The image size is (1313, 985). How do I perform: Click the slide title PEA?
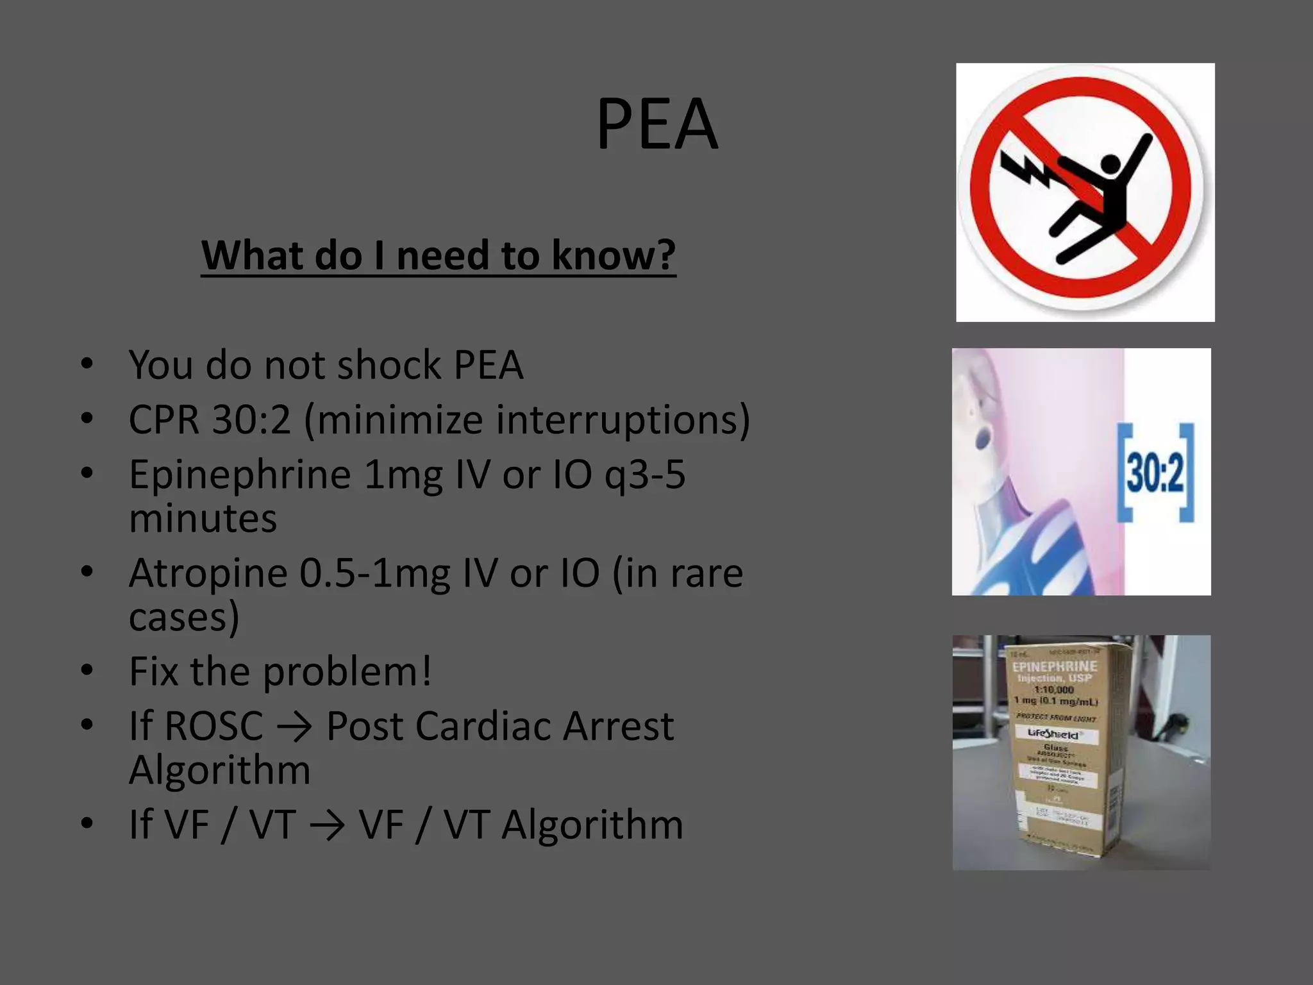[656, 124]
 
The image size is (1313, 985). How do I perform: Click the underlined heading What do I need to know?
[439, 255]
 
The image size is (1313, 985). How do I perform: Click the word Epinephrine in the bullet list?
[239, 475]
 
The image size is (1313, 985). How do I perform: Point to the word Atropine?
[208, 573]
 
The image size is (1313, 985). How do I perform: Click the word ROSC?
[213, 726]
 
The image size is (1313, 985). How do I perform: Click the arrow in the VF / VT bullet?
[326, 825]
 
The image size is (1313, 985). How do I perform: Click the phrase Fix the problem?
[280, 671]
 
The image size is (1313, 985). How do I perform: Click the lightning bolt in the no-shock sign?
[1026, 169]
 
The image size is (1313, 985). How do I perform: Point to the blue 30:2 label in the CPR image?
[1155, 473]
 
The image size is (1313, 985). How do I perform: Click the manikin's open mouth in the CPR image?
[982, 439]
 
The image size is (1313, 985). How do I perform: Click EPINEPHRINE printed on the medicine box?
[1055, 667]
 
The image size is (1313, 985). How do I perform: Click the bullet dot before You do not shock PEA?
[87, 364]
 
